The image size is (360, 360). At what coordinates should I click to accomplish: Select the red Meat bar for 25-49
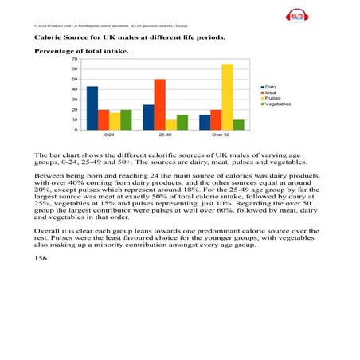pyautogui.click(x=160, y=104)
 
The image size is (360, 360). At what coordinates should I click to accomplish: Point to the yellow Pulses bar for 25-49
pyautogui.click(x=171, y=124)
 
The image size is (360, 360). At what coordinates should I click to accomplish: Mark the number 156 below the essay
pyautogui.click(x=41, y=259)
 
